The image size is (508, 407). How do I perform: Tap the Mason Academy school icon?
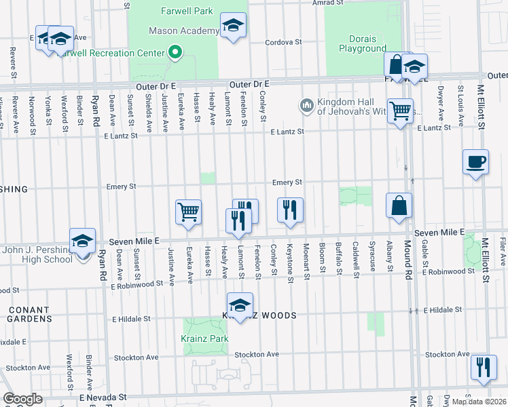[x=233, y=26]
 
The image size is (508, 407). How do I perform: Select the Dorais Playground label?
[x=362, y=43]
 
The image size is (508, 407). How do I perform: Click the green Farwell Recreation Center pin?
[x=175, y=52]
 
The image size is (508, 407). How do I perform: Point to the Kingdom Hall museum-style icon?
[x=306, y=105]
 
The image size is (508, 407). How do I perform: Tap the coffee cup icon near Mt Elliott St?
[x=475, y=163]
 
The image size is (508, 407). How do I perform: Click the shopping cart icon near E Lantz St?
[x=401, y=110]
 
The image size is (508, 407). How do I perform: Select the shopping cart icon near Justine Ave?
[x=188, y=211]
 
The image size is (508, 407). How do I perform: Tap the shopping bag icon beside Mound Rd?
[x=399, y=205]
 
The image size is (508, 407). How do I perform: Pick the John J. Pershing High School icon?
[x=82, y=241]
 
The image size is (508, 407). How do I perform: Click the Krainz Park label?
[x=204, y=338]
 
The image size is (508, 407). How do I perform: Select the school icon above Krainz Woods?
[x=239, y=305]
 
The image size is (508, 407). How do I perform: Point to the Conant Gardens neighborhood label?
[x=30, y=313]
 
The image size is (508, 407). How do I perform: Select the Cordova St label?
[x=283, y=41]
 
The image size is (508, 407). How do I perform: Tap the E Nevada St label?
[x=103, y=397]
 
